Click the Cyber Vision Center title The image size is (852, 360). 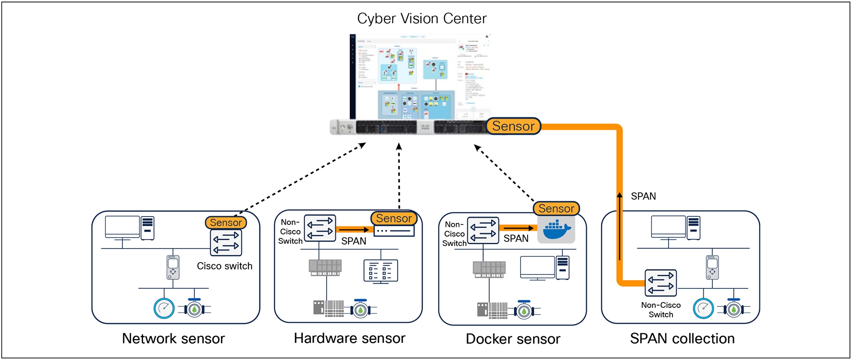tap(421, 18)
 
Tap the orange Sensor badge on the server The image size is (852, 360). tap(513, 126)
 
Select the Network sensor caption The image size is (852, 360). tap(173, 338)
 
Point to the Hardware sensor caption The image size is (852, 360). tap(349, 338)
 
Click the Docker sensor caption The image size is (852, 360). tap(513, 339)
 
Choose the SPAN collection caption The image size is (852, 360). tap(682, 338)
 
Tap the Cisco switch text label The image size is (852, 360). tap(224, 266)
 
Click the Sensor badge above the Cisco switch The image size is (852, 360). tap(226, 223)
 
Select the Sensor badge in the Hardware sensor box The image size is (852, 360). tap(394, 218)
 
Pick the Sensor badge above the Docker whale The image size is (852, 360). tap(556, 209)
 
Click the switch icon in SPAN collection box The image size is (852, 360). tap(661, 283)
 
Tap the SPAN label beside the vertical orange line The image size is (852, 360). tap(643, 196)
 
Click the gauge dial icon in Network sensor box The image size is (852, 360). tap(164, 309)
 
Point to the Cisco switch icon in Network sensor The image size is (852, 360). tap(226, 242)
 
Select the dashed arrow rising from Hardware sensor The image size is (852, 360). tap(399, 176)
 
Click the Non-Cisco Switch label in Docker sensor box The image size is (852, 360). tap(454, 234)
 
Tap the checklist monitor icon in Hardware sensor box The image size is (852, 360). tap(381, 271)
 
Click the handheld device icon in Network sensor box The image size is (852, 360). tap(173, 267)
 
